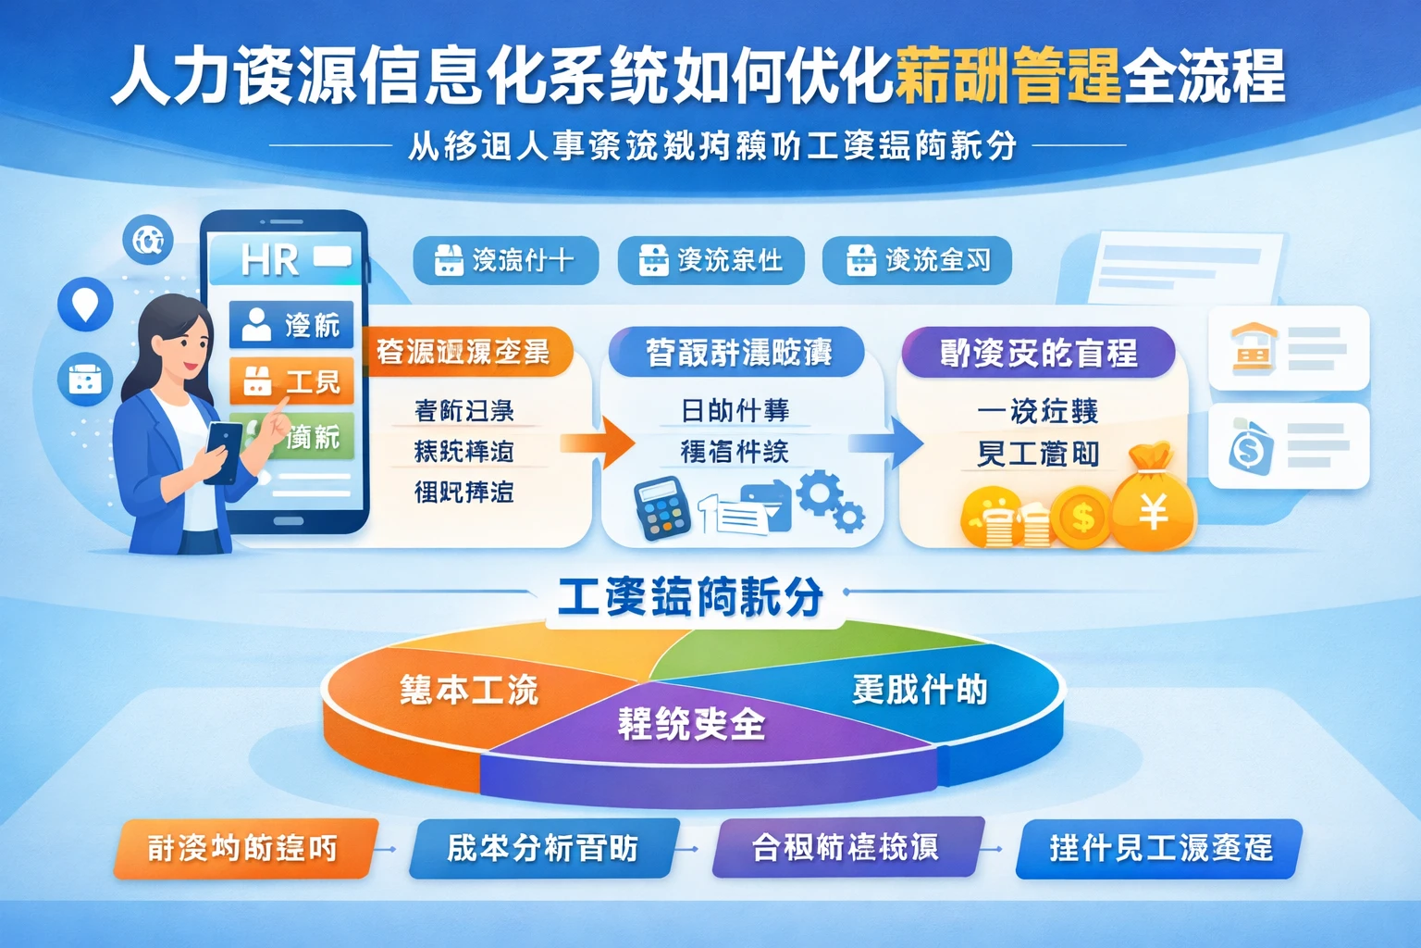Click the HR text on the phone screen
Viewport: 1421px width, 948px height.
pos(269,260)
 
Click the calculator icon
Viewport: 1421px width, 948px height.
pos(661,508)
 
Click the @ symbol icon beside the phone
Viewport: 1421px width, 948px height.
pos(148,240)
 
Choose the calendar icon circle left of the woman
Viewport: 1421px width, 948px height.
pos(84,380)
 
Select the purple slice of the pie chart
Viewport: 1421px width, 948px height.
pos(694,731)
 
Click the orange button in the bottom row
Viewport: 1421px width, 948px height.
pos(243,848)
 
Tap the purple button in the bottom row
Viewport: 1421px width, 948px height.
pos(846,847)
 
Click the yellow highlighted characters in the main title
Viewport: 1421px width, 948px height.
pos(1007,76)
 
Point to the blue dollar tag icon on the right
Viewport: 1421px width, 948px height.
pos(1251,447)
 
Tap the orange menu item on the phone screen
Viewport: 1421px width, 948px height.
pos(291,380)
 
